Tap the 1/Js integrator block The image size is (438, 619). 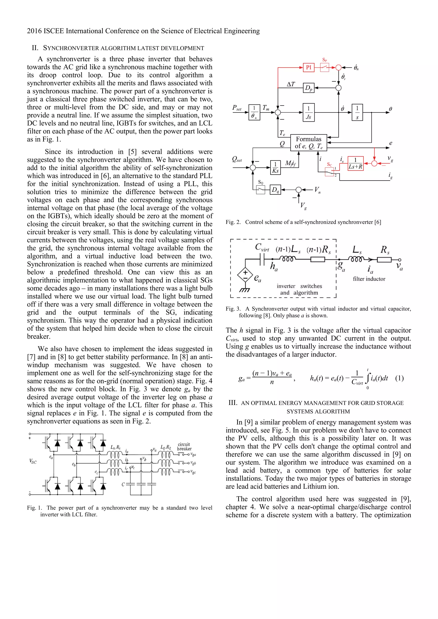tap(308, 112)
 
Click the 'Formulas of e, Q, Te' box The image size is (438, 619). tap(308, 143)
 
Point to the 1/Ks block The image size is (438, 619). tap(275, 168)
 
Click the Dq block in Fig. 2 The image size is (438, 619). tap(275, 190)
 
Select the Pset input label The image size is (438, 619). tap(237, 108)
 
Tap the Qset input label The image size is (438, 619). tap(237, 160)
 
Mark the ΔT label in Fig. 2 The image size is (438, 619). tap(291, 84)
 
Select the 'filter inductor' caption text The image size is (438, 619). tap(369, 279)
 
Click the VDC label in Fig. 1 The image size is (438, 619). tap(33, 461)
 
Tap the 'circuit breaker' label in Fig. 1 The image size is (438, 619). tap(184, 446)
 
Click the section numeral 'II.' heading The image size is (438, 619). tap(35, 48)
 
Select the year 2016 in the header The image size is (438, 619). tap(34, 31)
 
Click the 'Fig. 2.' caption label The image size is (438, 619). tap(233, 222)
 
